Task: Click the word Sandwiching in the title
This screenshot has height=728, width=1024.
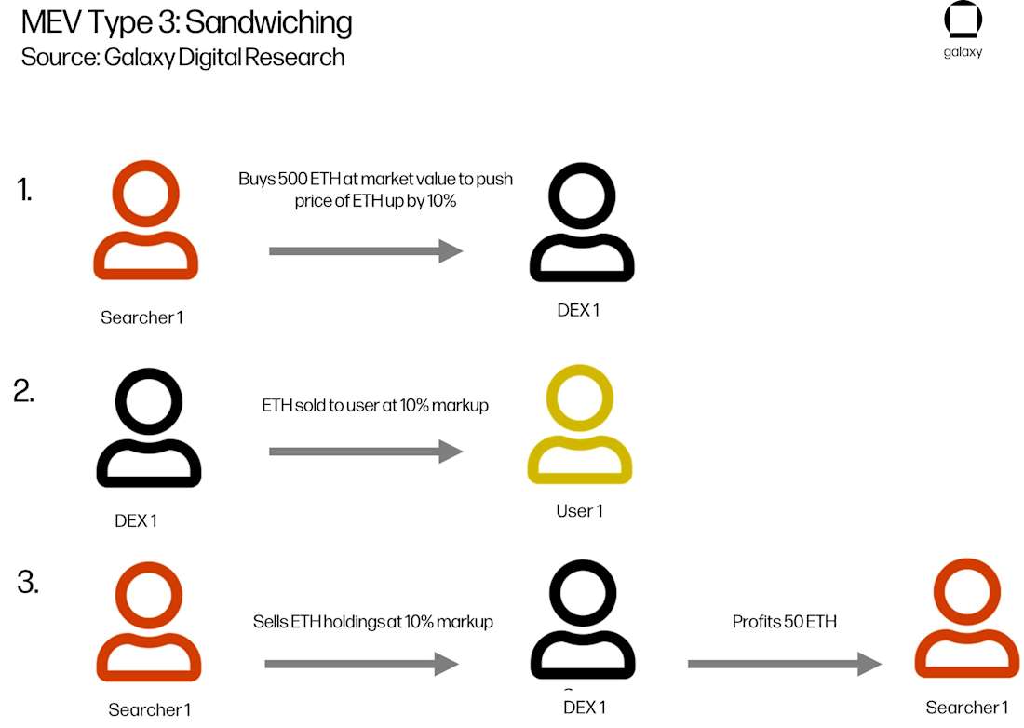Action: click(x=269, y=22)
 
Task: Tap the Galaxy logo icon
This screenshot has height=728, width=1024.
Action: click(x=963, y=20)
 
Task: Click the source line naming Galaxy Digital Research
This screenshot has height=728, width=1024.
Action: click(x=182, y=57)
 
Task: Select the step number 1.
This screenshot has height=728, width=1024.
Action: click(x=25, y=190)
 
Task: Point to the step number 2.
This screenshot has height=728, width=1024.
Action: click(x=24, y=391)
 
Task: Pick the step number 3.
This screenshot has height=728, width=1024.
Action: click(x=28, y=583)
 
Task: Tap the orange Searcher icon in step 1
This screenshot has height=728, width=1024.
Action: click(x=146, y=221)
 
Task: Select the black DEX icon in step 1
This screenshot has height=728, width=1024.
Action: click(x=581, y=223)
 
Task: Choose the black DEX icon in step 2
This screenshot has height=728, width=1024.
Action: click(x=149, y=428)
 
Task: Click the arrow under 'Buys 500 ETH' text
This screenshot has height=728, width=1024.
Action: click(x=366, y=250)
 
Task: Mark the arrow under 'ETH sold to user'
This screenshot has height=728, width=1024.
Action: click(x=366, y=452)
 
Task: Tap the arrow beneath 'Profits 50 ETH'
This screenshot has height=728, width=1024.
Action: click(x=784, y=663)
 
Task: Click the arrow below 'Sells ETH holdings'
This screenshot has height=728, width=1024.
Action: click(x=362, y=663)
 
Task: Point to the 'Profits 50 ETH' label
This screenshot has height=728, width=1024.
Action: click(x=784, y=621)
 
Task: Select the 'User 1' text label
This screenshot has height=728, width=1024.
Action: click(x=579, y=511)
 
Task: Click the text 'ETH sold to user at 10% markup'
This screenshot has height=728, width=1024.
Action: click(x=374, y=406)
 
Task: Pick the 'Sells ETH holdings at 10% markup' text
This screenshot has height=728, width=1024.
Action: click(x=372, y=621)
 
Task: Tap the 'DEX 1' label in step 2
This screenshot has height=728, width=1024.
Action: click(x=136, y=520)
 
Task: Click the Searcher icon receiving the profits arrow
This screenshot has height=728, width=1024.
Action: click(x=966, y=620)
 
